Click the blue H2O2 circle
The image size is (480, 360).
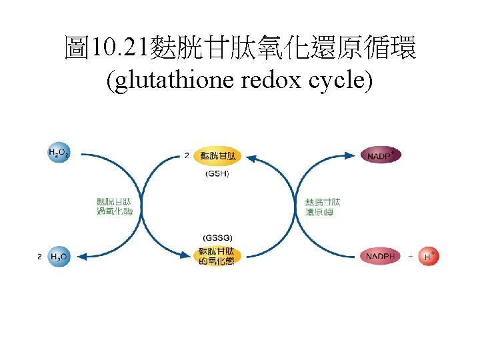[x=58, y=154]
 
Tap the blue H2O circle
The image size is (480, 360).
[x=59, y=256]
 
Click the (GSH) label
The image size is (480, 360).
[x=217, y=174]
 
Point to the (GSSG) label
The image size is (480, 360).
[x=217, y=238]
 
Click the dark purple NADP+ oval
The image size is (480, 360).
[x=381, y=155]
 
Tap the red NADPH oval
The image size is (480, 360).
[x=381, y=256]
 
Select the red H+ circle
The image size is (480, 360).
[x=429, y=256]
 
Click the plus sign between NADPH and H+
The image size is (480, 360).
[x=410, y=256]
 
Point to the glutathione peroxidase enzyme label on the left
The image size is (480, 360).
[x=115, y=206]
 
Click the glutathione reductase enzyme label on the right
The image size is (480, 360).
[x=323, y=207]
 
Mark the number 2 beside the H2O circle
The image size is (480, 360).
[x=39, y=256]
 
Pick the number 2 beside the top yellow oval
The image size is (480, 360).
[x=187, y=156]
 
